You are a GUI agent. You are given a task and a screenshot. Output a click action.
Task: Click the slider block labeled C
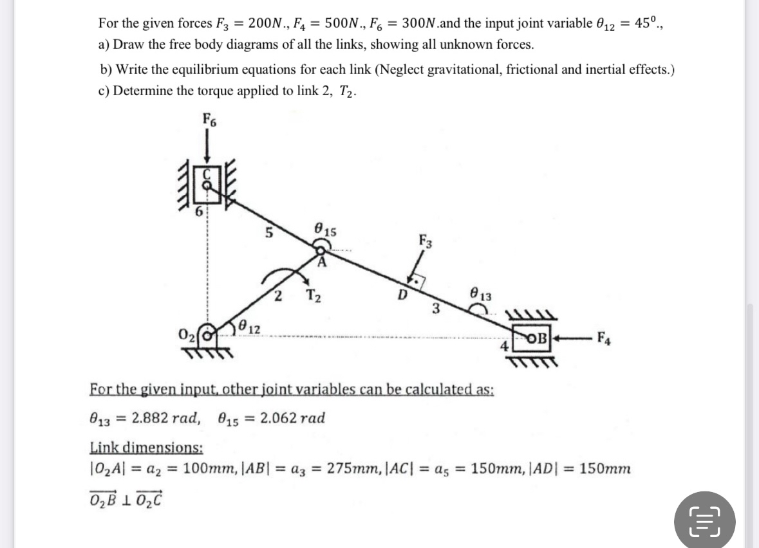pos(207,183)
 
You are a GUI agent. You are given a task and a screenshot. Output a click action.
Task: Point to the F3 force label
pos(425,243)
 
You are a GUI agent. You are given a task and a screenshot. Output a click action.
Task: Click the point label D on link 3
pos(403,297)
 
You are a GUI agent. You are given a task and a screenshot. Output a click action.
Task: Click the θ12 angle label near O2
pos(250,327)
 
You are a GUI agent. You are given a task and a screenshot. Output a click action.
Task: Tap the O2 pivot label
pos(187,336)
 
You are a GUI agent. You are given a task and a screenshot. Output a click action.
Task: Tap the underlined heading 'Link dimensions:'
pos(145,448)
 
